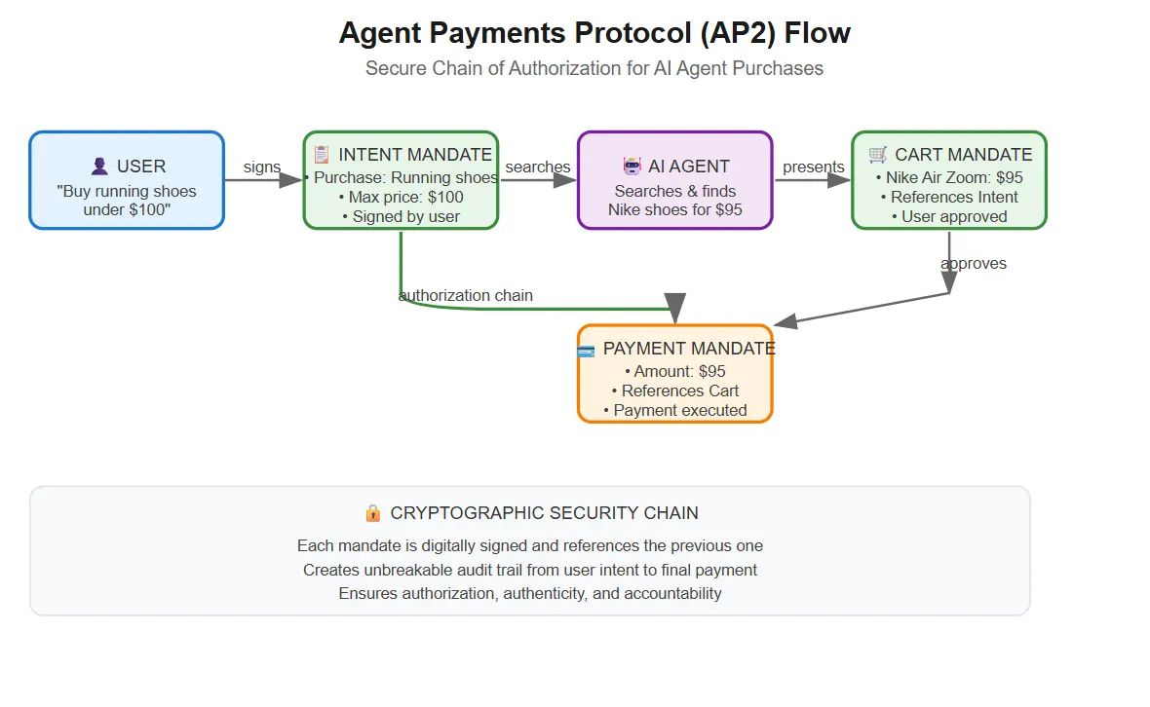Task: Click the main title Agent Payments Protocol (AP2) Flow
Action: click(594, 33)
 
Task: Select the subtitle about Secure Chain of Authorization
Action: click(594, 68)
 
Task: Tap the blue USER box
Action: click(127, 181)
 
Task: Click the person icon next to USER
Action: click(99, 167)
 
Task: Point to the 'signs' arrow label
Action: click(262, 167)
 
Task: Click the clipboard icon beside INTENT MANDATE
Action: click(322, 155)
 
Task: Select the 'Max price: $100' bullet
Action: click(401, 197)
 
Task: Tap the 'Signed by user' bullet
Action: click(401, 216)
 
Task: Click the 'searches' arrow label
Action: click(538, 167)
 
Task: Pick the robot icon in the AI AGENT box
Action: click(632, 167)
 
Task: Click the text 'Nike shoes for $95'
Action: click(674, 209)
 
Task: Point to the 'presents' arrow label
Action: click(813, 167)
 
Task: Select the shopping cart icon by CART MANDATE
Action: click(878, 154)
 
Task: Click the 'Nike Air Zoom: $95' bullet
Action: click(948, 177)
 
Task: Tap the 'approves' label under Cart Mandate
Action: click(974, 263)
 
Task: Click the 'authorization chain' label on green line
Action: click(466, 295)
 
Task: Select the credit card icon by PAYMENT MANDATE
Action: click(586, 350)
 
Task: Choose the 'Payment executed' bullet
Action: click(674, 410)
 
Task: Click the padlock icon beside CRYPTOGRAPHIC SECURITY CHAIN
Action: click(372, 512)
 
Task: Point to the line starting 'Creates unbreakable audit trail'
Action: click(529, 570)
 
